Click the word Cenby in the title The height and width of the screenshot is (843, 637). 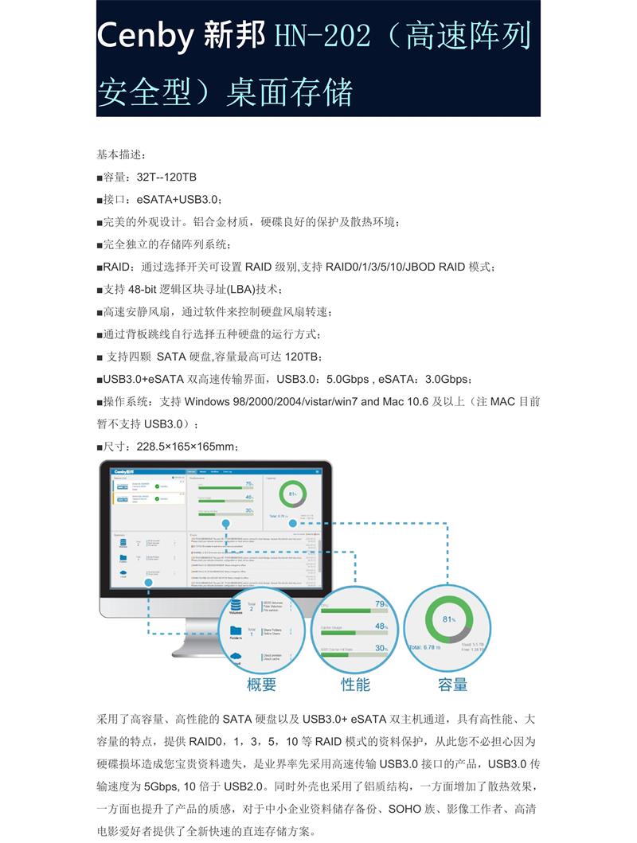(x=148, y=36)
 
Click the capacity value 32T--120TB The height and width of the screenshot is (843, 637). (x=161, y=177)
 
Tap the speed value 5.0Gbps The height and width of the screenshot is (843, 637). (x=348, y=379)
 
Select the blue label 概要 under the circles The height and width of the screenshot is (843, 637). (x=261, y=684)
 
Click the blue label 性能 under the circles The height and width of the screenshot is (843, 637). (x=355, y=684)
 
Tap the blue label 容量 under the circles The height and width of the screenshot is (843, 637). (x=452, y=684)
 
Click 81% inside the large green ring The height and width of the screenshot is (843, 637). (x=448, y=619)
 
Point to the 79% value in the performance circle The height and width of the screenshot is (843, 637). (x=381, y=604)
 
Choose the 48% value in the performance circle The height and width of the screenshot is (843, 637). (x=381, y=626)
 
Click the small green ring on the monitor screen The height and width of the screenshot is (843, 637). (x=293, y=494)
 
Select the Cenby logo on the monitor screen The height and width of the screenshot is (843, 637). (x=123, y=471)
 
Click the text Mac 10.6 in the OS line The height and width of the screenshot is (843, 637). (x=406, y=401)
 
